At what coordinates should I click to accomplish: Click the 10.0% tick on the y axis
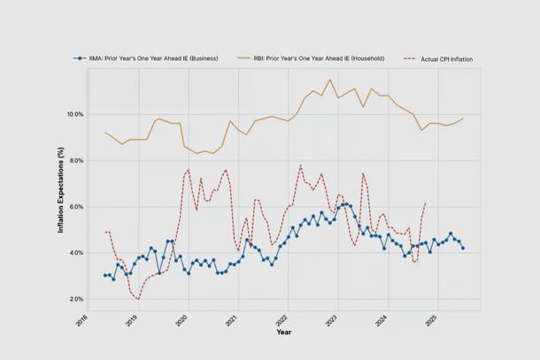[x=73, y=115]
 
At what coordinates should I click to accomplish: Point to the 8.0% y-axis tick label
[x=75, y=161]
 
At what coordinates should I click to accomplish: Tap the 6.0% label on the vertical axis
[x=75, y=207]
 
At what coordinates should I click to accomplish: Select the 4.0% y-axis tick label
[x=75, y=253]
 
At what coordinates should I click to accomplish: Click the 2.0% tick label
[x=75, y=299]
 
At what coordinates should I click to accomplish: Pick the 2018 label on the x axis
[x=83, y=320]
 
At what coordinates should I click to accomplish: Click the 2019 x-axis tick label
[x=133, y=320]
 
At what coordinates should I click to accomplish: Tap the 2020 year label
[x=183, y=320]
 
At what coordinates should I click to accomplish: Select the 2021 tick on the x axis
[x=233, y=320]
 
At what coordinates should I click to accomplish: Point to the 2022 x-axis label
[x=283, y=320]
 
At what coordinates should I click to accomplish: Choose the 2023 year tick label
[x=333, y=320]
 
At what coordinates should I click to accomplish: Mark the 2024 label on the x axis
[x=383, y=320]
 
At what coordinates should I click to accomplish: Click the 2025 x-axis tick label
[x=433, y=320]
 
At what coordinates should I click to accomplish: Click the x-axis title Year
[x=283, y=333]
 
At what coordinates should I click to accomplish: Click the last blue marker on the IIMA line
[x=463, y=248]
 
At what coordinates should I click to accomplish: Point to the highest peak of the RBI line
[x=330, y=80]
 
